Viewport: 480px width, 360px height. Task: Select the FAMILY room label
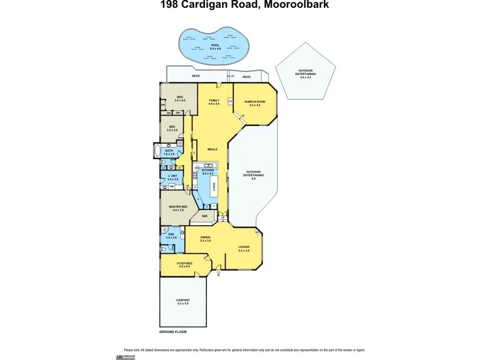point(214,101)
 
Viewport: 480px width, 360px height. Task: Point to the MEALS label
point(212,149)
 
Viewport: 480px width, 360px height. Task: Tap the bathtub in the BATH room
point(157,151)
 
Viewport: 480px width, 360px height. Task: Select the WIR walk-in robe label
point(205,217)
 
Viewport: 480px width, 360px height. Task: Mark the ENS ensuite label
point(171,236)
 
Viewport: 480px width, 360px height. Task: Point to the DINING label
point(205,238)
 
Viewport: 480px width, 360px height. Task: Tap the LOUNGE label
point(243,247)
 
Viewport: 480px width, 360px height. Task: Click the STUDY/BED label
point(184,263)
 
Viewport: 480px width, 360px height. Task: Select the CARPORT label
point(183,301)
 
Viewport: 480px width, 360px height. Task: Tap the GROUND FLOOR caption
point(173,331)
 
